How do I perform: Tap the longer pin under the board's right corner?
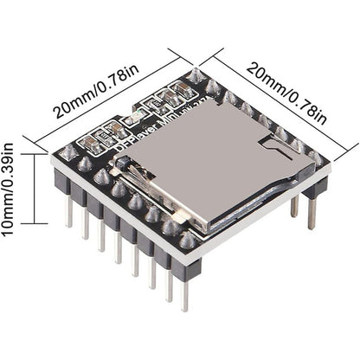[x=311, y=213]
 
